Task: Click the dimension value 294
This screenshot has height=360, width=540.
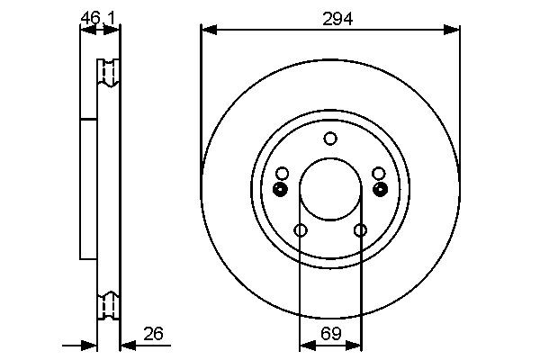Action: (x=330, y=16)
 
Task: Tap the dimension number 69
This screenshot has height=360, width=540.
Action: (x=330, y=334)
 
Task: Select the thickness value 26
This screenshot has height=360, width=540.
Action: (x=154, y=334)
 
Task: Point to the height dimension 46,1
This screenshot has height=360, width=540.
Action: (x=98, y=16)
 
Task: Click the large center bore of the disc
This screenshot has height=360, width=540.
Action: (x=330, y=189)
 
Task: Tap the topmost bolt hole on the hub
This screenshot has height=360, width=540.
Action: (x=330, y=138)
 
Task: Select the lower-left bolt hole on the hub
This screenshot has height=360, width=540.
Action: (x=301, y=231)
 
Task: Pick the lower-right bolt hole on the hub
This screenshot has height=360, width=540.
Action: (x=361, y=231)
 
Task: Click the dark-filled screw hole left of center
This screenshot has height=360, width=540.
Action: (x=280, y=189)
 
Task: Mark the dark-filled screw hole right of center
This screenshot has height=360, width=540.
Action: (x=381, y=189)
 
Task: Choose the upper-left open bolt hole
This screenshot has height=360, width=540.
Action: (x=283, y=173)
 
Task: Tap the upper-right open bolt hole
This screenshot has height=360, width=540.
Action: (x=379, y=173)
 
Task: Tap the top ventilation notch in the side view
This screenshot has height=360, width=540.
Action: (x=108, y=72)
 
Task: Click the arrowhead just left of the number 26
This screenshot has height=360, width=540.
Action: (x=126, y=345)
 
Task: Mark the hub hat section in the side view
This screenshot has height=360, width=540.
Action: (x=88, y=189)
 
